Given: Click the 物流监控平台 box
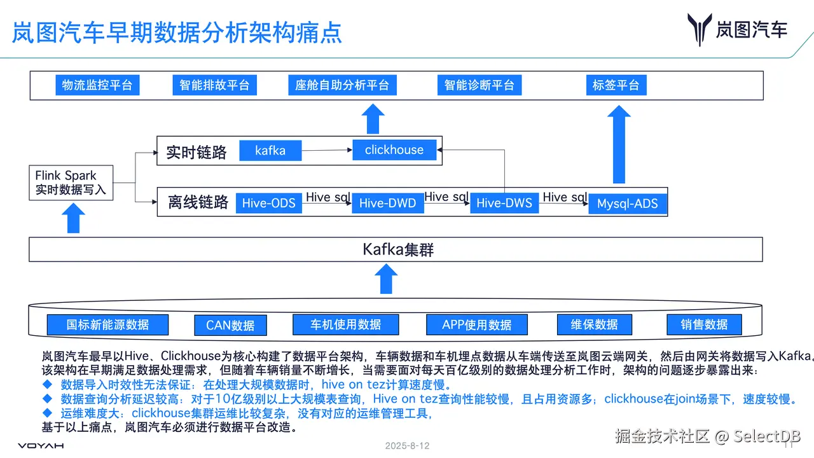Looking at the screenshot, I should [x=97, y=85].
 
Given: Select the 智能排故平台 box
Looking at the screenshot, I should [x=214, y=85].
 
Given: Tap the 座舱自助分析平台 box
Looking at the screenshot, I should [x=342, y=85].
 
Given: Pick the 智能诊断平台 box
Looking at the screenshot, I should [x=479, y=85].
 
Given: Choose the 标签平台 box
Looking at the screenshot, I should [x=616, y=85].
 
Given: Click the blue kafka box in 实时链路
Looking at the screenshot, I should [x=270, y=151].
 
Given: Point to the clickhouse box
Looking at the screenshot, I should [x=394, y=150].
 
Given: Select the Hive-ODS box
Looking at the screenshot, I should [x=269, y=203].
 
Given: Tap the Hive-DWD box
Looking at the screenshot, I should [x=387, y=203].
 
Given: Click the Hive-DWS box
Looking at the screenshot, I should [x=504, y=203].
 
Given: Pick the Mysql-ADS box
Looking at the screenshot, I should [x=627, y=204].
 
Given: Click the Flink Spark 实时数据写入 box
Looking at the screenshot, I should [x=71, y=183].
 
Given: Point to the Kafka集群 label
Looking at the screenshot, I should [x=398, y=249].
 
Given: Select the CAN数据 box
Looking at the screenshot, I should [x=230, y=326].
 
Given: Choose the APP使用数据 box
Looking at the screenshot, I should [x=477, y=325].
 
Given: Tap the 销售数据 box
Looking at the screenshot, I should [x=704, y=324].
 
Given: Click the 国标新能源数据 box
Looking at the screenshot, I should [x=107, y=324].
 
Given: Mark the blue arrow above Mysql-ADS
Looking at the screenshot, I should [x=619, y=144].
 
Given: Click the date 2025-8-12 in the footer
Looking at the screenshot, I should [x=407, y=446].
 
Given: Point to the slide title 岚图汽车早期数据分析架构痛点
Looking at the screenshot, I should [x=177, y=32].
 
